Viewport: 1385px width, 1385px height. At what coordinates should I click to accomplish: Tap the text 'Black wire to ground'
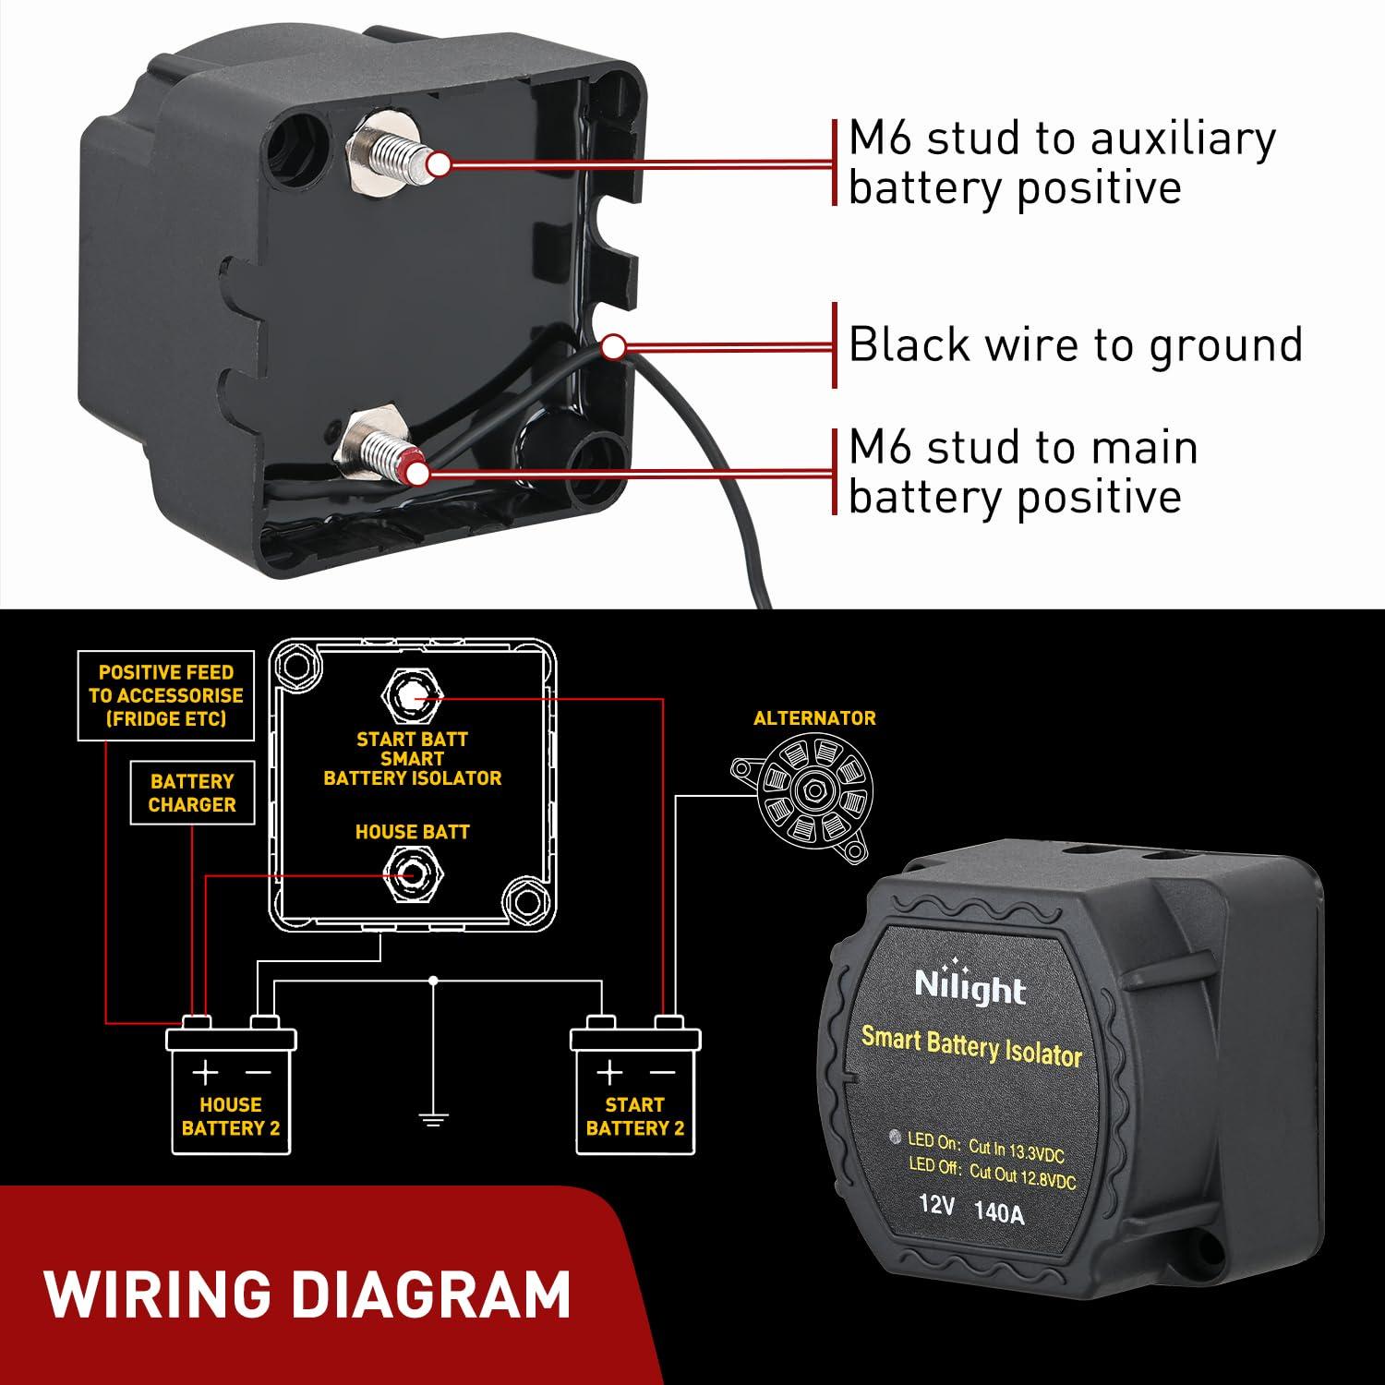click(x=1075, y=344)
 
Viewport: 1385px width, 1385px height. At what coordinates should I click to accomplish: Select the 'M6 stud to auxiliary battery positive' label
click(x=1062, y=163)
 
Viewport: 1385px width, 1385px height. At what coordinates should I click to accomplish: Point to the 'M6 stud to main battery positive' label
click(x=1023, y=472)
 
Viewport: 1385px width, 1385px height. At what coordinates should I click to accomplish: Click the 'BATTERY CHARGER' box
click(x=192, y=793)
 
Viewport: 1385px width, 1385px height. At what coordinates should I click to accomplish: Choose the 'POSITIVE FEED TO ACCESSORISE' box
click(x=166, y=696)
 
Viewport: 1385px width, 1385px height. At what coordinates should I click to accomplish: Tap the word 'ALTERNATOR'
click(x=814, y=718)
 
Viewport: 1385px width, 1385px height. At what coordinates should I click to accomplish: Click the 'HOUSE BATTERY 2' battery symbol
click(x=231, y=1090)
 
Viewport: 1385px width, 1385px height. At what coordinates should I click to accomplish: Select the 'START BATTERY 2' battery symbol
click(x=635, y=1090)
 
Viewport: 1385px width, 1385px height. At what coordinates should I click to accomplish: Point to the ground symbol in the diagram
click(x=433, y=1120)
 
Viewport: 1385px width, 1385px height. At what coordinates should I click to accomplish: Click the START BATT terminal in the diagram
click(x=413, y=698)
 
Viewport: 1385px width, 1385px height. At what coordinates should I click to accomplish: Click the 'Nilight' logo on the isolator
click(x=970, y=986)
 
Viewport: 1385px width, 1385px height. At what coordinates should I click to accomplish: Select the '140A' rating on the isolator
click(x=999, y=1212)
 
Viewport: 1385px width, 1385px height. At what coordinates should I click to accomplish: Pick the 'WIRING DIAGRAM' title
click(x=307, y=1294)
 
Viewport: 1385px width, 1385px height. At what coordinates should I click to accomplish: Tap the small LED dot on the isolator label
click(x=893, y=1138)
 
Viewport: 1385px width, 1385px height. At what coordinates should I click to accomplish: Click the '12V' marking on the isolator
click(x=936, y=1205)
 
